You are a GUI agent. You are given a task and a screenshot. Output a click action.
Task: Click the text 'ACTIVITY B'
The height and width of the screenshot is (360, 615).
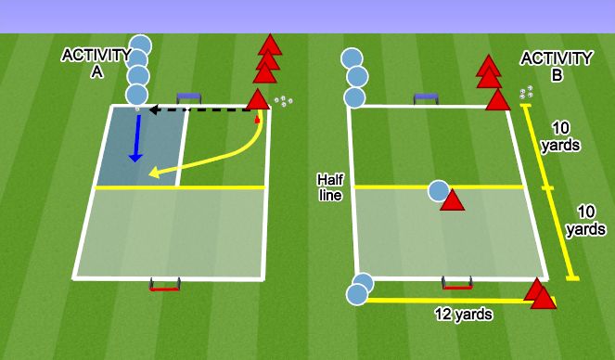pyautogui.click(x=556, y=67)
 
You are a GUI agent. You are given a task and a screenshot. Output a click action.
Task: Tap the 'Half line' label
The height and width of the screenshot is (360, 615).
pyautogui.click(x=330, y=186)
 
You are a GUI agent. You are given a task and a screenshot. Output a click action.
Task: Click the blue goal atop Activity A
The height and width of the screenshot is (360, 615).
pyautogui.click(x=190, y=96)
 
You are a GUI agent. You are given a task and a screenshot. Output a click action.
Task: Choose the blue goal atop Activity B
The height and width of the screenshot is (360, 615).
pyautogui.click(x=428, y=96)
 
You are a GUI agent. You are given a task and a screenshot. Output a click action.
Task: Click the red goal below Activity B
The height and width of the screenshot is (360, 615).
pyautogui.click(x=455, y=282)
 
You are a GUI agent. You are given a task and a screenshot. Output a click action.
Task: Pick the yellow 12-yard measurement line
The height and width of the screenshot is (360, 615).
pyautogui.click(x=445, y=300)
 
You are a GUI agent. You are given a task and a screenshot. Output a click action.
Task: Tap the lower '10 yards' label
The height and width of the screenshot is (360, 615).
pyautogui.click(x=584, y=219)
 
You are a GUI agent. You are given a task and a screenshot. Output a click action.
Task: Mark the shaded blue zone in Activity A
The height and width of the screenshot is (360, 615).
pyautogui.click(x=148, y=147)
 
